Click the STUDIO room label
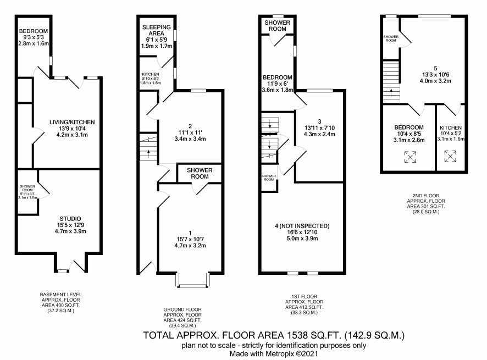pos(70,219)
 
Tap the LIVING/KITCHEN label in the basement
pos(72,123)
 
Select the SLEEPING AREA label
pos(157,30)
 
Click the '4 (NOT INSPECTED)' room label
pos(302,226)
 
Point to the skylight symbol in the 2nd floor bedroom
pos(410,157)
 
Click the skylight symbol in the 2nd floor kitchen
pos(450,156)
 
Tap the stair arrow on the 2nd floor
pos(391,93)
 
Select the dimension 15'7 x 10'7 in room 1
pos(190,239)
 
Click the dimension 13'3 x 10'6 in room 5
pos(435,75)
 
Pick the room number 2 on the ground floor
pos(190,126)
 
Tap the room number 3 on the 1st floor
pos(319,121)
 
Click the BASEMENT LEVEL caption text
pos(61,295)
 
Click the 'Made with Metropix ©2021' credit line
pos(274,353)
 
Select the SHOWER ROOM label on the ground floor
pos(200,173)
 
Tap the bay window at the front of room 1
pos(193,280)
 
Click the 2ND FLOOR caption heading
pos(426,196)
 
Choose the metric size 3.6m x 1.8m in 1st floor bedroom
pos(278,90)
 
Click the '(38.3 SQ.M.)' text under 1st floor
pos(304,313)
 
